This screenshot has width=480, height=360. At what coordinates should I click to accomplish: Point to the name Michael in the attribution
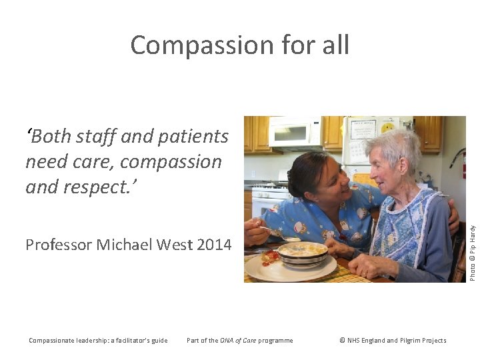coord(124,245)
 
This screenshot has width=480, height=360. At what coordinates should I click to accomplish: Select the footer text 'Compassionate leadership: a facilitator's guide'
coord(98,341)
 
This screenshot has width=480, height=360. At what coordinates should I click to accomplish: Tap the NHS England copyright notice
coord(393,341)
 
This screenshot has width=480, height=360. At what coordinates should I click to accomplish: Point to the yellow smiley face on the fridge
coord(387,127)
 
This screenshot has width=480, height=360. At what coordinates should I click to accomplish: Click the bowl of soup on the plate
coord(302,252)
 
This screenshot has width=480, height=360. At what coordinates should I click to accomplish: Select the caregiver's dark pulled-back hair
coord(307,169)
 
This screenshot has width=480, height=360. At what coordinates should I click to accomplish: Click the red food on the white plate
coord(271,257)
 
